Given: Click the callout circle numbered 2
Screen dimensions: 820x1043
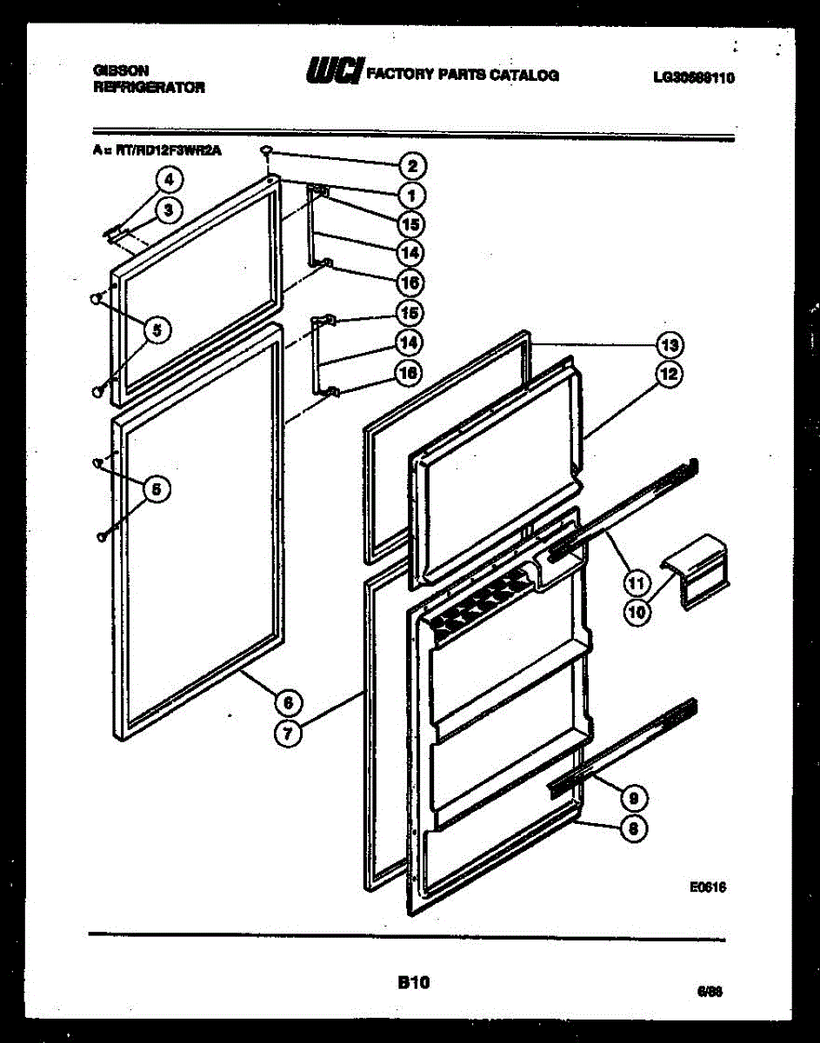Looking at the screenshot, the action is click(411, 166).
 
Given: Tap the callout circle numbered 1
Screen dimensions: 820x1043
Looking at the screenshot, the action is click(411, 195).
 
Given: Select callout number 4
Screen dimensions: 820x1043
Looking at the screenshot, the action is click(169, 180).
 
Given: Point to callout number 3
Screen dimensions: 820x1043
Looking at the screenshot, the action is click(169, 209).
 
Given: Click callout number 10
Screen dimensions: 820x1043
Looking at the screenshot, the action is click(637, 612).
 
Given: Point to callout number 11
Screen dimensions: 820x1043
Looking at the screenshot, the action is click(637, 581).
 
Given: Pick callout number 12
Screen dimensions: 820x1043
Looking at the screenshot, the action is click(668, 375).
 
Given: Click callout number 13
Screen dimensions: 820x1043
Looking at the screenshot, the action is click(668, 345).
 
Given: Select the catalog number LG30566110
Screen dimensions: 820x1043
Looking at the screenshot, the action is click(693, 77).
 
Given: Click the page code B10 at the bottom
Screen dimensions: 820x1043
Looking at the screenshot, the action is click(414, 983).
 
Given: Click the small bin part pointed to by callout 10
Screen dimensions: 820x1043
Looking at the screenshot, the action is click(696, 570).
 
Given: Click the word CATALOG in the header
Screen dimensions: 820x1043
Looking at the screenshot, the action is click(524, 75).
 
